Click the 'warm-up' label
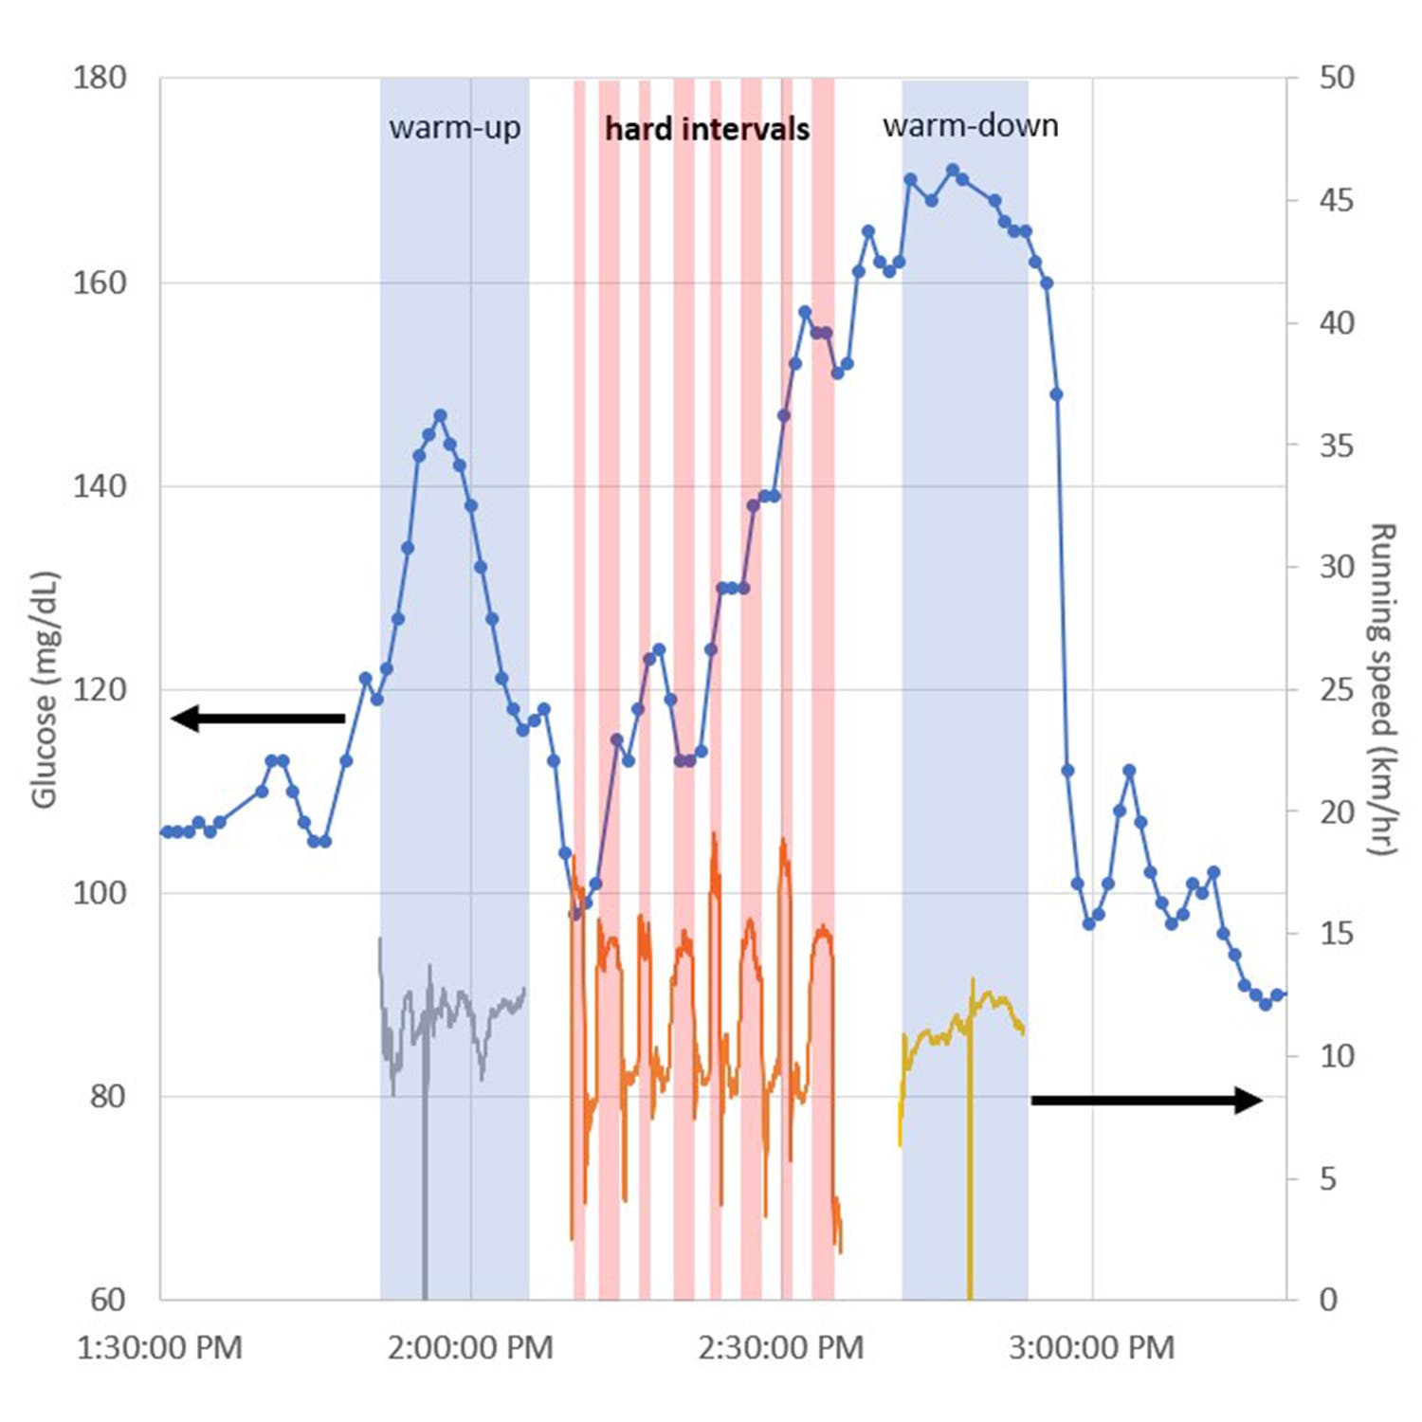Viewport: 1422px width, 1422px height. [x=454, y=128]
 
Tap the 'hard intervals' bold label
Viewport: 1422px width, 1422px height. [x=707, y=129]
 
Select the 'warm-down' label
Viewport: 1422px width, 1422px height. [x=970, y=126]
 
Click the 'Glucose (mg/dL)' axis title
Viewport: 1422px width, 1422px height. [x=45, y=689]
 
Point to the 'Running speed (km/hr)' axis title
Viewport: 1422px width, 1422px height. [x=1383, y=689]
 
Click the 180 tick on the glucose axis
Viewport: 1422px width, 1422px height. [x=100, y=78]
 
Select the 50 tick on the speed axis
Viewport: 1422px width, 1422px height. [x=1337, y=78]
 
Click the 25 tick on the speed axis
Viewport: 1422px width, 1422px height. [x=1337, y=689]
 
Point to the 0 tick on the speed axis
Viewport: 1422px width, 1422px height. [x=1328, y=1299]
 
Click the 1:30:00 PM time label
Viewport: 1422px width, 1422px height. [x=159, y=1347]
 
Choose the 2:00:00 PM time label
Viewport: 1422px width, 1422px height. [x=470, y=1347]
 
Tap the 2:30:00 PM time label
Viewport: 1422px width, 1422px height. [x=781, y=1347]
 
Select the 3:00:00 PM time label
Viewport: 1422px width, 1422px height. [x=1092, y=1347]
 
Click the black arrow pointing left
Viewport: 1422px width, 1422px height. [x=256, y=719]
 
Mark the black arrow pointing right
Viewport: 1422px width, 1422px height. [x=1147, y=1100]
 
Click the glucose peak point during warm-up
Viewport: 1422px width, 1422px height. [x=440, y=415]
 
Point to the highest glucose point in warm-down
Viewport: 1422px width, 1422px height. [x=953, y=170]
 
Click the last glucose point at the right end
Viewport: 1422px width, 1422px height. [x=1277, y=994]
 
